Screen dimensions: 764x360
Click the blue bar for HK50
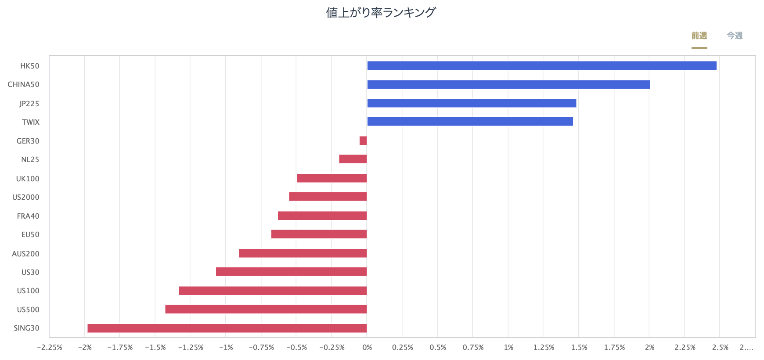pyautogui.click(x=542, y=66)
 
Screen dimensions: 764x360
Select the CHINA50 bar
pyautogui.click(x=508, y=85)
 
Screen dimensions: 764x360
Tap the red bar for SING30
pyautogui.click(x=227, y=328)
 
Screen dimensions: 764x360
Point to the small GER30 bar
pyautogui.click(x=363, y=141)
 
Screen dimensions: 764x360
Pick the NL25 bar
pyautogui.click(x=353, y=159)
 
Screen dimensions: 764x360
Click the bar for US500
pyautogui.click(x=266, y=310)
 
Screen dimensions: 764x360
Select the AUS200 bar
pyautogui.click(x=303, y=253)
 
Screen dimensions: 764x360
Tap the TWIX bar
pyautogui.click(x=470, y=122)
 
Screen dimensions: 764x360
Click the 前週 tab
pyautogui.click(x=699, y=36)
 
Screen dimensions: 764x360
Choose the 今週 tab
pyautogui.click(x=735, y=36)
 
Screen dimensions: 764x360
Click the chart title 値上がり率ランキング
pyautogui.click(x=381, y=12)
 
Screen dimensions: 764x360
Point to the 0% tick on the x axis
pyautogui.click(x=367, y=347)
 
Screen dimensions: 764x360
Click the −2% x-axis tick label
pyautogui.click(x=85, y=347)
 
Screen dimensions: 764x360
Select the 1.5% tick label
pyautogui.click(x=579, y=347)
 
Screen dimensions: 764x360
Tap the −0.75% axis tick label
pyautogui.click(x=261, y=347)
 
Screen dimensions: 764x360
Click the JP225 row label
pyautogui.click(x=29, y=104)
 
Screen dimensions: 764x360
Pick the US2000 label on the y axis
pyautogui.click(x=26, y=197)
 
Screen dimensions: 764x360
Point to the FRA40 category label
pyautogui.click(x=28, y=216)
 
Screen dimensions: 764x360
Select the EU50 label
pyautogui.click(x=30, y=234)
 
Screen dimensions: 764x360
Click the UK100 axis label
pyautogui.click(x=28, y=179)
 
